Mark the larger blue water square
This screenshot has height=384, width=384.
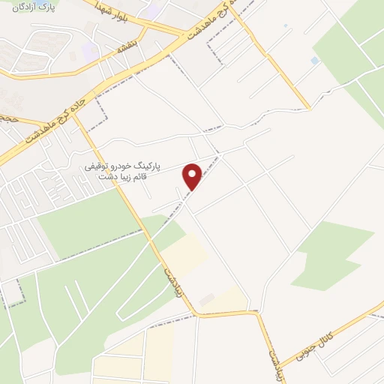coord(314,60)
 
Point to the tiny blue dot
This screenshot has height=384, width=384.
coord(286,27)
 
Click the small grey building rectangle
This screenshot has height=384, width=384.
coord(206,300)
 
